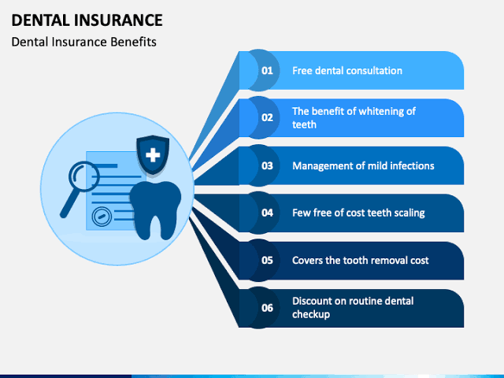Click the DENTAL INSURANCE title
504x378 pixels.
tap(87, 20)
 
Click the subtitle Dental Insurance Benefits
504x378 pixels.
tap(84, 42)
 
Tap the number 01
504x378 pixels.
tap(267, 70)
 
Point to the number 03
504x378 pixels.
tap(267, 165)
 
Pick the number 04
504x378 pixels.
tap(267, 213)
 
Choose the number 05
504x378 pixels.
tap(267, 260)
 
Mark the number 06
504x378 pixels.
tap(267, 308)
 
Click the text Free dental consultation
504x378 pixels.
tap(347, 71)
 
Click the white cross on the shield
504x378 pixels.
tap(153, 155)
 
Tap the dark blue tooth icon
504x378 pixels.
tap(156, 210)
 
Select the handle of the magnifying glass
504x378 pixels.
tap(69, 205)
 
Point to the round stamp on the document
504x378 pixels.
tap(102, 217)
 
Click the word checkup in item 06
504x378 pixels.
tap(311, 314)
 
